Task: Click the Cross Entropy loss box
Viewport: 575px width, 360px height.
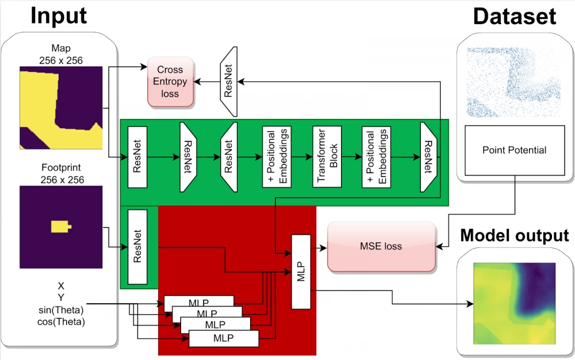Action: [x=170, y=82]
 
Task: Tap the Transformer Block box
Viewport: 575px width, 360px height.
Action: [x=327, y=156]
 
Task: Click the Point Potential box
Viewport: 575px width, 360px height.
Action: [x=515, y=150]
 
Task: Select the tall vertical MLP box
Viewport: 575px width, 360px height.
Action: [x=301, y=270]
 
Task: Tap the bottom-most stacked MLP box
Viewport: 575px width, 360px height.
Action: [x=223, y=338]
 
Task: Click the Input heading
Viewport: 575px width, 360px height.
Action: [x=59, y=16]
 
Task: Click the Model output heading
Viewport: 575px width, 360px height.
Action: [x=514, y=235]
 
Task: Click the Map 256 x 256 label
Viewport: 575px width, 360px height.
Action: [x=61, y=53]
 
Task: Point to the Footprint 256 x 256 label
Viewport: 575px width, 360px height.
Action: [x=61, y=174]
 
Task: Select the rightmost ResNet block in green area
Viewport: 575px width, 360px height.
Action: [x=428, y=156]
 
